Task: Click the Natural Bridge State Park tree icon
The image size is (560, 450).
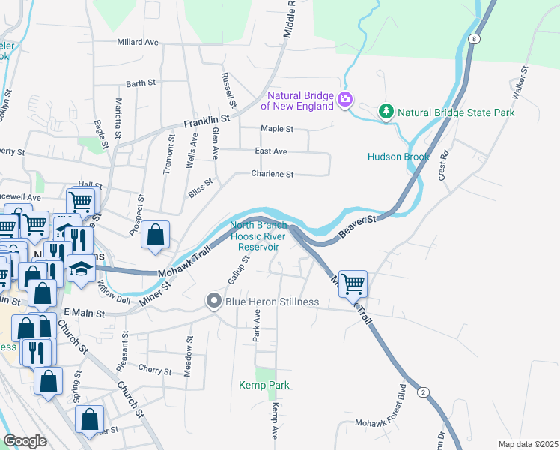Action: [386, 112]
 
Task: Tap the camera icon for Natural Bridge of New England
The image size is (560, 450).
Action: [345, 99]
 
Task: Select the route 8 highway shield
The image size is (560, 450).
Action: [475, 37]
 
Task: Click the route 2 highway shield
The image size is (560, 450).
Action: [423, 392]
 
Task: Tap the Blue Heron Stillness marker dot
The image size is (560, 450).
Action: [213, 301]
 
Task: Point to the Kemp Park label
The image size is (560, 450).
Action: [264, 385]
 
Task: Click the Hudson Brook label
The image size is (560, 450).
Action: [398, 157]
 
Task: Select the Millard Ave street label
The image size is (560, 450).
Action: [138, 43]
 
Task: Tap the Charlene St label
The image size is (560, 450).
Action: [272, 174]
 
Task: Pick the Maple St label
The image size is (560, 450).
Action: [277, 129]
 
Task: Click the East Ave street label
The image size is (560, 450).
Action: [271, 151]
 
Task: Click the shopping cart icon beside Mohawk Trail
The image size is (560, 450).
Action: [353, 283]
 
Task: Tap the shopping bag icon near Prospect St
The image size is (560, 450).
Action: [155, 235]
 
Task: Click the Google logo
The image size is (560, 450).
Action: [25, 441]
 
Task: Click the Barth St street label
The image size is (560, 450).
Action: [141, 84]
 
